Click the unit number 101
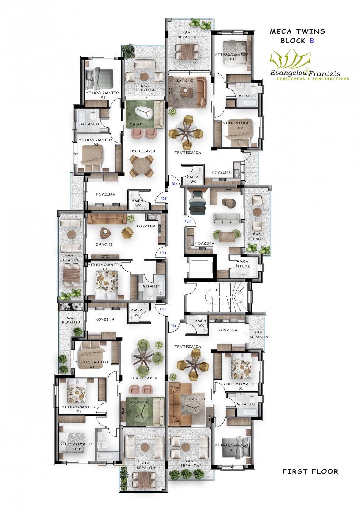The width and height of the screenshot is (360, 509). [x=162, y=310]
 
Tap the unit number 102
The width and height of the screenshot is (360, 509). [x=173, y=325]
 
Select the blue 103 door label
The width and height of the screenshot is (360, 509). [x=162, y=253]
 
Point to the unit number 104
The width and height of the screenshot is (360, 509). [x=187, y=221]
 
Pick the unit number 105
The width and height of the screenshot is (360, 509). [x=163, y=199]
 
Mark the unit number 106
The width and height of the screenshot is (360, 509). [x=174, y=184]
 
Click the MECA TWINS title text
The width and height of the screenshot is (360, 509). [x=298, y=31]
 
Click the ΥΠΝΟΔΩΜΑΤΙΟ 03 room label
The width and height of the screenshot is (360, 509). [x=77, y=447]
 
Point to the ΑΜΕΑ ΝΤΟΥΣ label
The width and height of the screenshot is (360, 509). [x=243, y=264]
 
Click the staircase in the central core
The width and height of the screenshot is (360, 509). [x=229, y=297]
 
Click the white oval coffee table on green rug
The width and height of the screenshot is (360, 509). [x=144, y=112]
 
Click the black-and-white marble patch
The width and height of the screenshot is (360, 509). [x=71, y=307]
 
